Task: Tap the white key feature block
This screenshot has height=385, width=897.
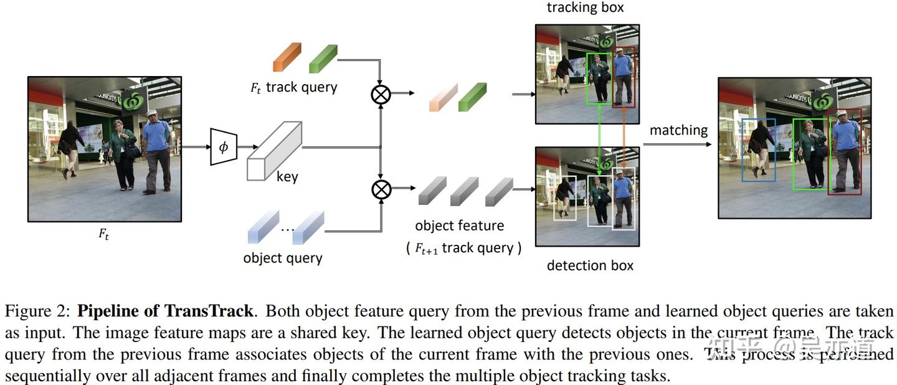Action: pyautogui.click(x=274, y=151)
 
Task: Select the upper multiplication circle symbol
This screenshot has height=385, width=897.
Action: pyautogui.click(x=381, y=93)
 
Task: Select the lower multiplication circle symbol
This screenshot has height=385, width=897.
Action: pyautogui.click(x=381, y=188)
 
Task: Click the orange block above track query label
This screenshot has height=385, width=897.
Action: pyautogui.click(x=287, y=57)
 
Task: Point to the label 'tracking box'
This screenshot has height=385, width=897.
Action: pyautogui.click(x=585, y=8)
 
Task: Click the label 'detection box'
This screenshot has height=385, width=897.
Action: pyautogui.click(x=589, y=265)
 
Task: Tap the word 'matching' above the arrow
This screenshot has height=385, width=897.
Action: pyautogui.click(x=678, y=130)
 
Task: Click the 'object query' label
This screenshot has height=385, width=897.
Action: pyautogui.click(x=282, y=258)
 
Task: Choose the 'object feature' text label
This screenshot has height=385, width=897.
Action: pyautogui.click(x=459, y=226)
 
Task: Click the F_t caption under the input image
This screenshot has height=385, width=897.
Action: pyautogui.click(x=103, y=235)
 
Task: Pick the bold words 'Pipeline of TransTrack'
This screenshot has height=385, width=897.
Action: pyautogui.click(x=165, y=311)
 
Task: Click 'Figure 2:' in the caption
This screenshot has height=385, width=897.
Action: pyautogui.click(x=39, y=311)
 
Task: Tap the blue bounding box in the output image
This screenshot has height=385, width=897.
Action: pyautogui.click(x=759, y=150)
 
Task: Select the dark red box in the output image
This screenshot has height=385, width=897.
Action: pyautogui.click(x=845, y=152)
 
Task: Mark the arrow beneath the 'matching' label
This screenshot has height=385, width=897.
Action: pyautogui.click(x=677, y=145)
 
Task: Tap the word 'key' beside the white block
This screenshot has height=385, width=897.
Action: pyautogui.click(x=287, y=177)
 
